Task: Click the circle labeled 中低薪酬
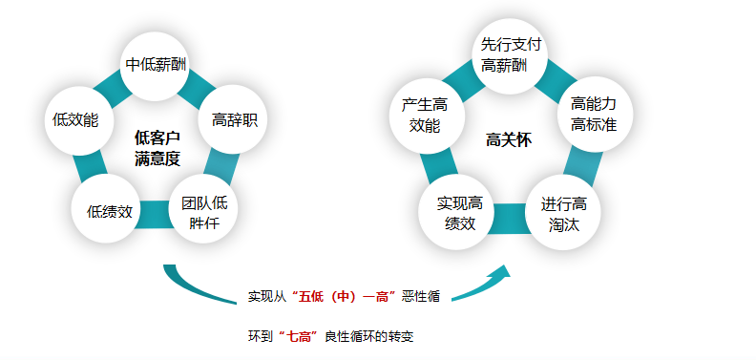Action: click(157, 65)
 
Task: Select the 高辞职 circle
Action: click(233, 121)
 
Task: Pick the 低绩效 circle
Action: click(109, 211)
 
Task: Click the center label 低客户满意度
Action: click(157, 148)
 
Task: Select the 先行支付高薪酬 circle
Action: click(510, 53)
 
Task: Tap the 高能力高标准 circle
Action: click(593, 113)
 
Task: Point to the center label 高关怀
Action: click(508, 140)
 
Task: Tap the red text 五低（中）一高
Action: click(346, 297)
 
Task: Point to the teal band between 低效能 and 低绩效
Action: click(90, 169)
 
